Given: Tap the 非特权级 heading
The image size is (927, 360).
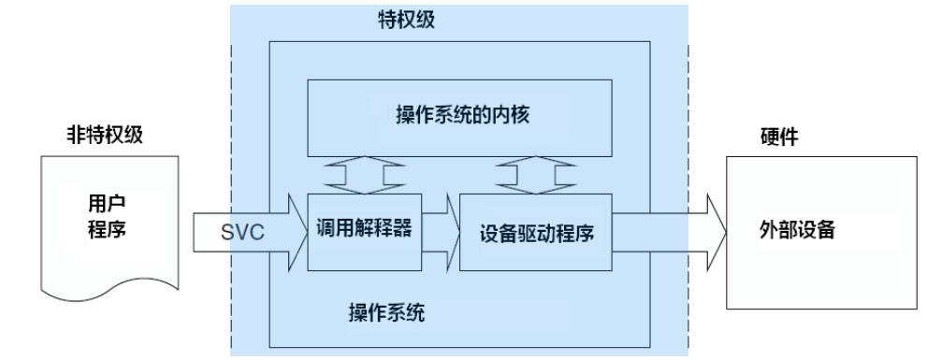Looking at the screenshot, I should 95,137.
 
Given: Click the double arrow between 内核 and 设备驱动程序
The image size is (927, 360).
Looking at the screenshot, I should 534,175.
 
